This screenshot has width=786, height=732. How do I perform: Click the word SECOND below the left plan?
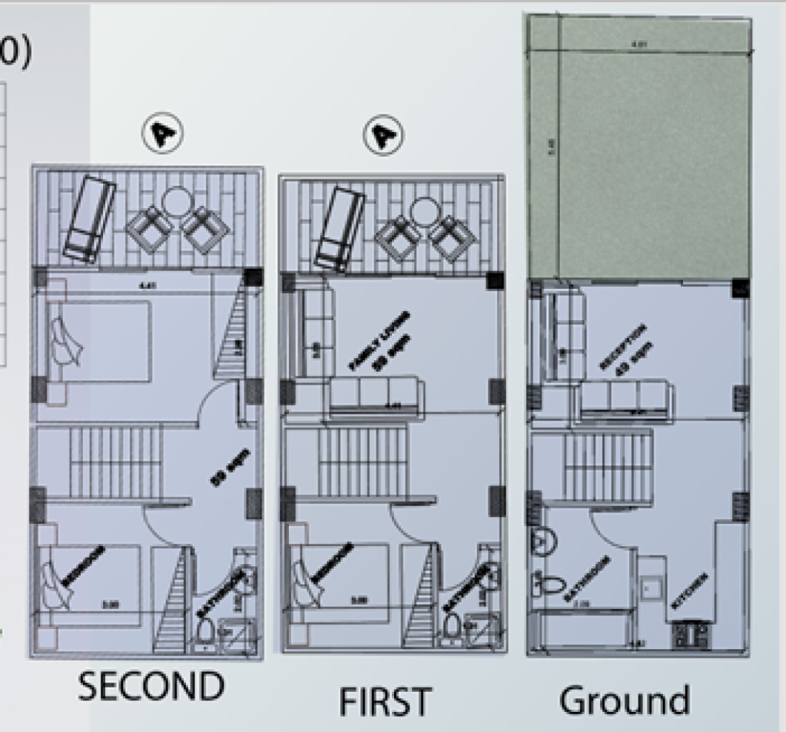[151, 688]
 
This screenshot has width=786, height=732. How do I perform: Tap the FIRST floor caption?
[385, 701]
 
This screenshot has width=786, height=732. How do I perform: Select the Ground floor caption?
[624, 701]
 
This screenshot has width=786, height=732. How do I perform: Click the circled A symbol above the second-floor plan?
[162, 133]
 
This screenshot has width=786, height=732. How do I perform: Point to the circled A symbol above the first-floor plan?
[383, 134]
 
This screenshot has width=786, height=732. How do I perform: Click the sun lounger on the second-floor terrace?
[89, 219]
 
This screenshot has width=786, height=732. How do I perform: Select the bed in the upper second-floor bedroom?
[99, 342]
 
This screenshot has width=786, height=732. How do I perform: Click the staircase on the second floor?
[114, 461]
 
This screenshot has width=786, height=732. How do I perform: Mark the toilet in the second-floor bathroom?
[205, 633]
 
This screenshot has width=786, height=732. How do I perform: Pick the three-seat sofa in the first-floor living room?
[376, 396]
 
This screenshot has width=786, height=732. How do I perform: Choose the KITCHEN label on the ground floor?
[690, 591]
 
